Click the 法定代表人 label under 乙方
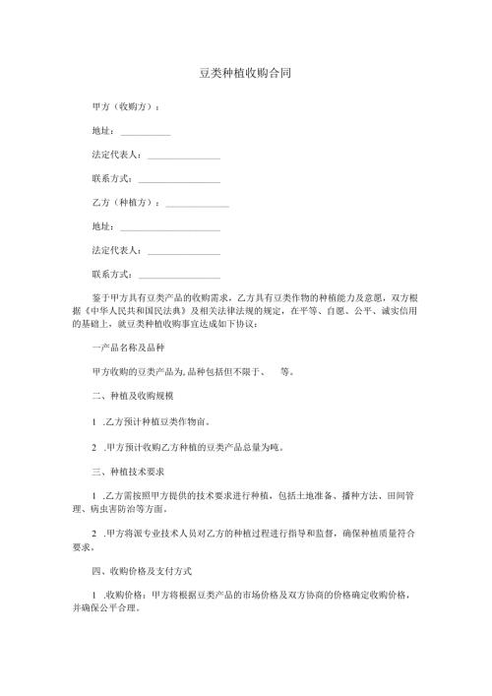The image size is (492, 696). tap(116, 250)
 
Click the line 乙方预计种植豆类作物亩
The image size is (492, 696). tap(157, 421)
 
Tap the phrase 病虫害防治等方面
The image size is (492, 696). tap(133, 509)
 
